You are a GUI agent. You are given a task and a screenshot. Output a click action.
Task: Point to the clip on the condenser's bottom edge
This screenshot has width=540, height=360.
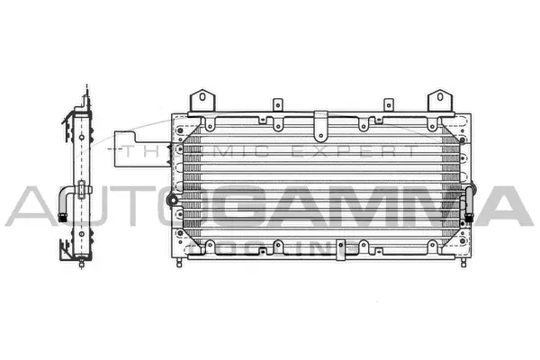click(x=341, y=255)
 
